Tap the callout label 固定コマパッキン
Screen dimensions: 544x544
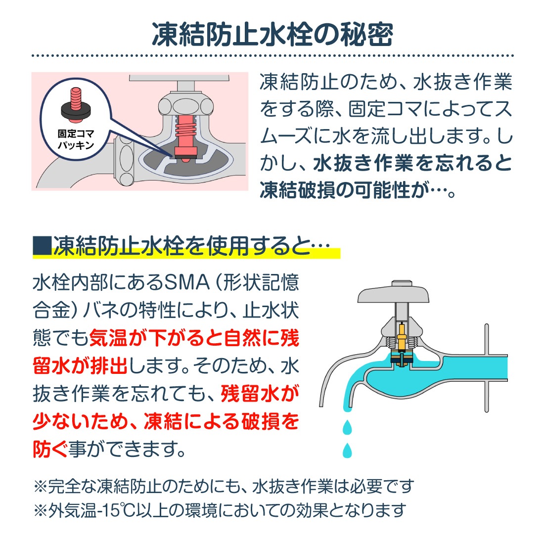click(76, 139)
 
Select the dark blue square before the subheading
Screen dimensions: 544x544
click(42, 246)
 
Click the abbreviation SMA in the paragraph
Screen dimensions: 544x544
click(186, 282)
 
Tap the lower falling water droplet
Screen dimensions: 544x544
click(347, 450)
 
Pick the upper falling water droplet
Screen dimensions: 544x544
click(347, 427)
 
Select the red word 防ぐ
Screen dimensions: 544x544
click(50, 449)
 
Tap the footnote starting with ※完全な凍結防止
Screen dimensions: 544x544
click(224, 486)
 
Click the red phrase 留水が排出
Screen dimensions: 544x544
click(80, 365)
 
